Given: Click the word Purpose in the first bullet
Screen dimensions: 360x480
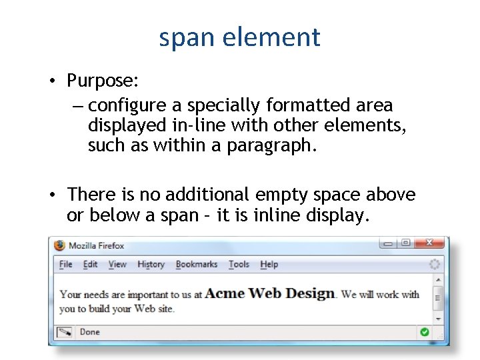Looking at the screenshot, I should [x=101, y=81].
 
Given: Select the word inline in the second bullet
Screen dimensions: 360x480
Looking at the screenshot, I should [x=288, y=216].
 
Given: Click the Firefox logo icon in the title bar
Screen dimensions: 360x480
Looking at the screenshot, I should [x=60, y=245].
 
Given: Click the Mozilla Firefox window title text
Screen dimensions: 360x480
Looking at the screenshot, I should [x=97, y=245].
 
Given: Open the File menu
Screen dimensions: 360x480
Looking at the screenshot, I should [x=65, y=265].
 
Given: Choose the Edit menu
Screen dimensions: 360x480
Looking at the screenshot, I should [x=90, y=265].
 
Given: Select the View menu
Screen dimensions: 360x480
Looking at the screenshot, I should [x=117, y=265].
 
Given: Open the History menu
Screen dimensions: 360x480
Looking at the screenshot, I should [x=151, y=265].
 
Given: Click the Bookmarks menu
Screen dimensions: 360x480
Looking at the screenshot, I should [x=196, y=265].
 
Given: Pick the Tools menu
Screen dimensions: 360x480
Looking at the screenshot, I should [x=239, y=265].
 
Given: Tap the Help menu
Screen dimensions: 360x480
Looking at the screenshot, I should [x=269, y=265].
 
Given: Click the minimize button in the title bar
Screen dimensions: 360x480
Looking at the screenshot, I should [x=387, y=243].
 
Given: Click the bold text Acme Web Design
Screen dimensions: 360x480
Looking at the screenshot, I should [x=270, y=293].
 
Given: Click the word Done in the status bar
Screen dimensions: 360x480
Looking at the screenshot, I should [x=89, y=332].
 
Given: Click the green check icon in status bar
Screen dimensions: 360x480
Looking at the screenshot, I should [x=425, y=332].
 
